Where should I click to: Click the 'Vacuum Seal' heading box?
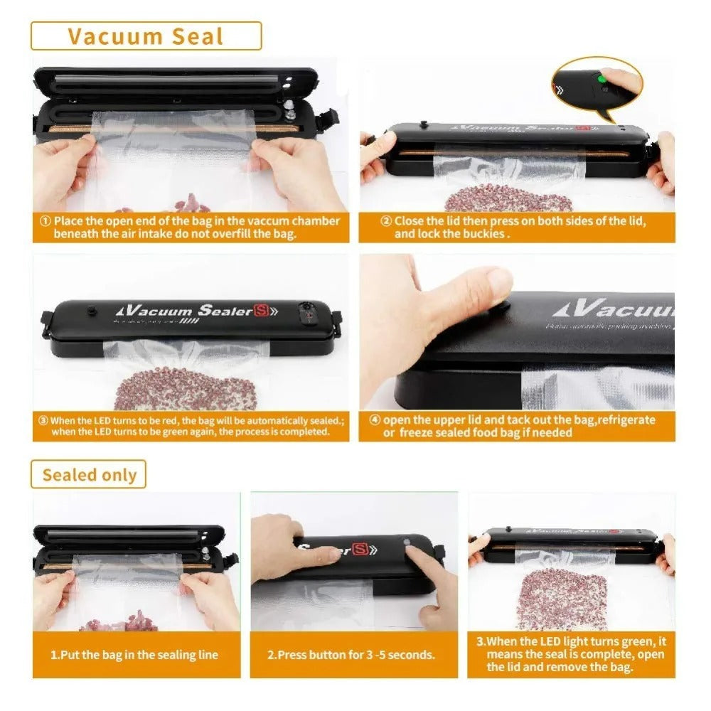coord(146,36)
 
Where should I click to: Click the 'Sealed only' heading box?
coord(88,474)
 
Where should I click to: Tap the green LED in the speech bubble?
coord(601,78)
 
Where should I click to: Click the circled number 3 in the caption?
coord(43,421)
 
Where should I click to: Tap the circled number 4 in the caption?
coord(375,420)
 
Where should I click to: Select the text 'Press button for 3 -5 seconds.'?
coord(351,655)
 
